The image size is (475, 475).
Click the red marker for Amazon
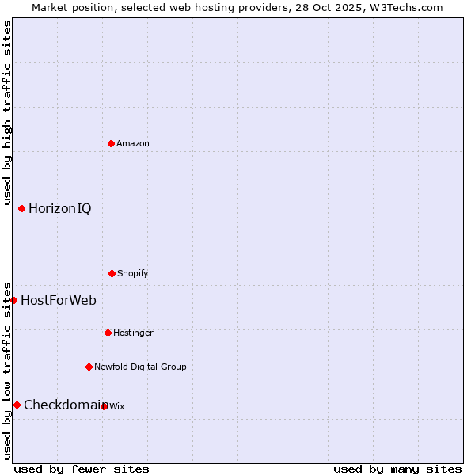coord(111,143)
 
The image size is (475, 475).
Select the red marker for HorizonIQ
coord(21,208)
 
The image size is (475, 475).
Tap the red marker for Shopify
coord(112,273)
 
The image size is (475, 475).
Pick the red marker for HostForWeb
coord(13,300)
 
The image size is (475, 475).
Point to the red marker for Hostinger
coord(108,332)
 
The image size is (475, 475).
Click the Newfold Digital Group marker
coord(89,367)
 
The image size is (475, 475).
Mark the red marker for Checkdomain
coord(17,405)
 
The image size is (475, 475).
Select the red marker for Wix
coord(104,406)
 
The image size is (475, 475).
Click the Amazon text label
coord(133,143)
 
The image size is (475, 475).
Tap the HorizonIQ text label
coord(60,208)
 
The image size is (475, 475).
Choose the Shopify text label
coord(133,273)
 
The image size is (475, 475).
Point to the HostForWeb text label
coord(59,300)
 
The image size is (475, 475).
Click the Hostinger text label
coord(133,332)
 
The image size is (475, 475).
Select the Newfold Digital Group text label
coord(140,367)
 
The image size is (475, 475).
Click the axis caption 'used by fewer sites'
coord(82,469)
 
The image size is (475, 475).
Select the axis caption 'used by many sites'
coord(397,469)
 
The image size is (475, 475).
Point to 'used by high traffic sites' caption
coord(7,113)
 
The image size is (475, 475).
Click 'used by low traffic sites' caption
coord(7,370)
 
